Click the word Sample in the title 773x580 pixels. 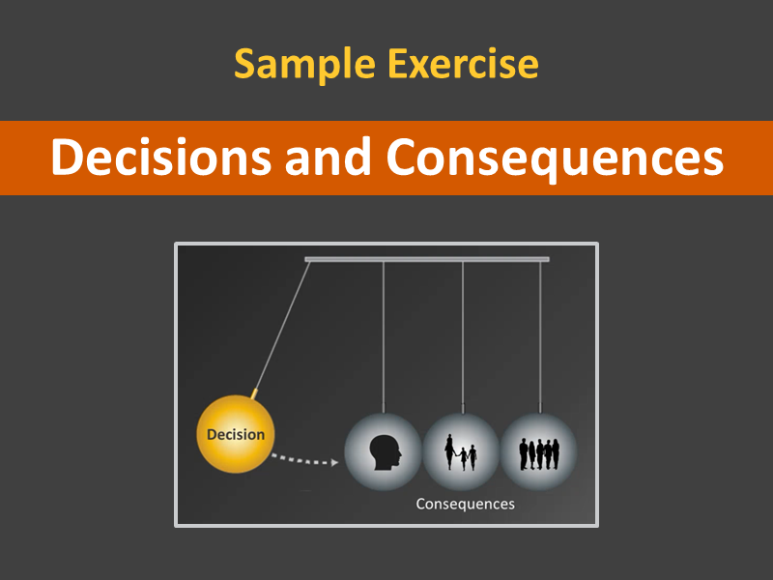[304, 64]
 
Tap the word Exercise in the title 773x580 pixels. [463, 63]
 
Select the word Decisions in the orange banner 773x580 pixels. [161, 157]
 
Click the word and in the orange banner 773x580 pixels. [329, 157]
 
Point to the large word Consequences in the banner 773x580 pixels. [555, 158]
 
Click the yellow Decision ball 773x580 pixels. [236, 434]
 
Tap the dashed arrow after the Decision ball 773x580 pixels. [304, 460]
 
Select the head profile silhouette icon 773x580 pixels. [385, 452]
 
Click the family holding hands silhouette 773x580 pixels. [461, 452]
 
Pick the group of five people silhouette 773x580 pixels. [539, 453]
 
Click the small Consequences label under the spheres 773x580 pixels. [466, 504]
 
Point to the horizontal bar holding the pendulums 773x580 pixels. [427, 259]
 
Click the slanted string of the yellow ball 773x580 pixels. [282, 326]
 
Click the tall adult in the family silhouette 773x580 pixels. [449, 451]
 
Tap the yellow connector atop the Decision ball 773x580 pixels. [254, 393]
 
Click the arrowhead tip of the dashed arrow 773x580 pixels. [339, 463]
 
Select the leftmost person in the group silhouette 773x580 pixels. [523, 453]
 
